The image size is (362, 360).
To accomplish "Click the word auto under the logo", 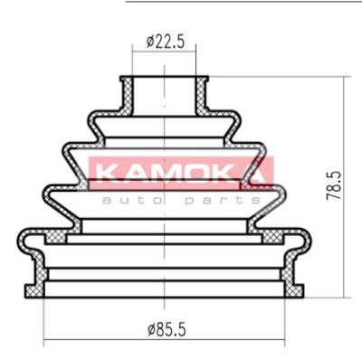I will click(128, 200).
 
